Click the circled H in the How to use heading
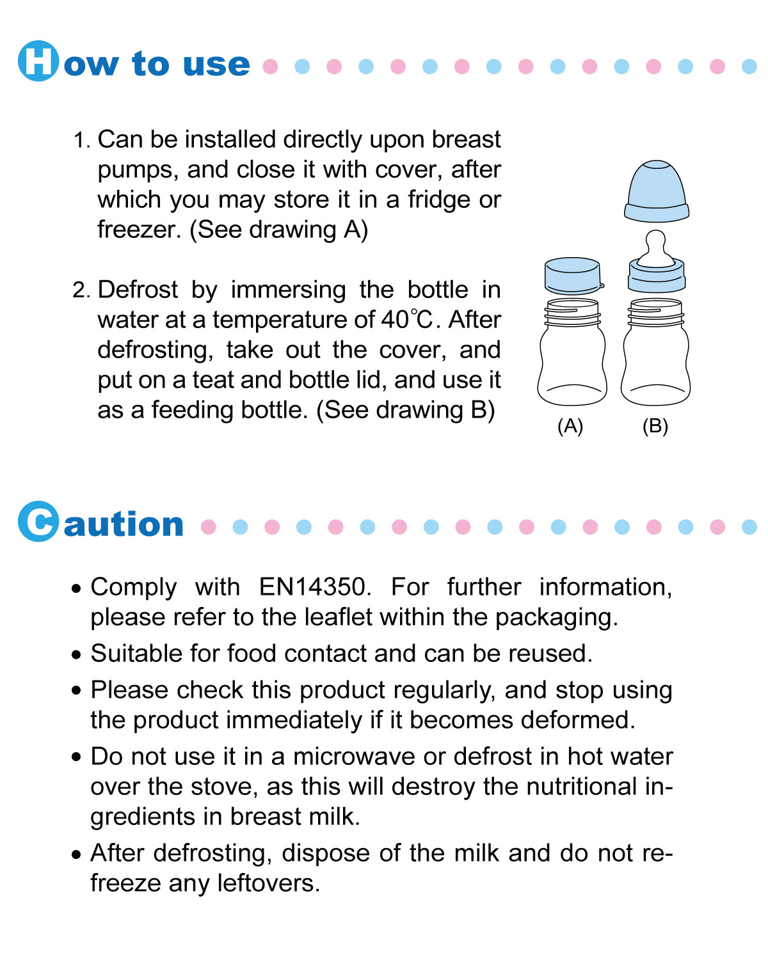[38, 61]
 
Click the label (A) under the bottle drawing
[570, 426]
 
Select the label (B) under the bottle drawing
[655, 426]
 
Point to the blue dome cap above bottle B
[657, 191]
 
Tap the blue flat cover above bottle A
[573, 275]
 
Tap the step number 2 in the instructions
[81, 290]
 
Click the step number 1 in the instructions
[81, 140]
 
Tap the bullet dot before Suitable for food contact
[77, 655]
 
